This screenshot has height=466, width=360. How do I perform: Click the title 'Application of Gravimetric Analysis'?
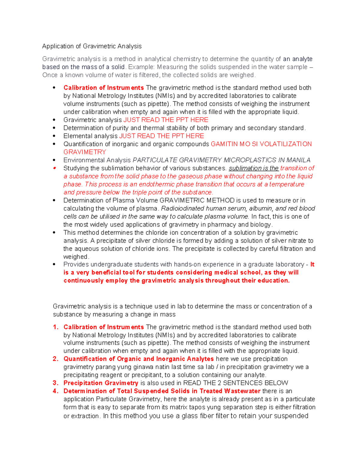[92, 46]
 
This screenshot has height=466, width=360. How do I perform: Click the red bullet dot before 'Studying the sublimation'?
[54, 168]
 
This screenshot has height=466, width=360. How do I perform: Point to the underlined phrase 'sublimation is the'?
[253, 168]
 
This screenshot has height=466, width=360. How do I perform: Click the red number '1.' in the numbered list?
[56, 327]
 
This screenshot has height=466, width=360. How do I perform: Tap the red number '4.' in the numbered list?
[56, 391]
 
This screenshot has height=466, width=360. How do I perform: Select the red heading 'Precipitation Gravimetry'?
[101, 383]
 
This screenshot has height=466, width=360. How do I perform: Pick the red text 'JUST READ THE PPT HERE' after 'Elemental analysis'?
[162, 136]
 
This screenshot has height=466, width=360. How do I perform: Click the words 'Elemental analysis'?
[90, 136]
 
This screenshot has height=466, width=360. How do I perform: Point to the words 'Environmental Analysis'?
[97, 160]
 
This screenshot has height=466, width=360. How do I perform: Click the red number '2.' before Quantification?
[56, 359]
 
